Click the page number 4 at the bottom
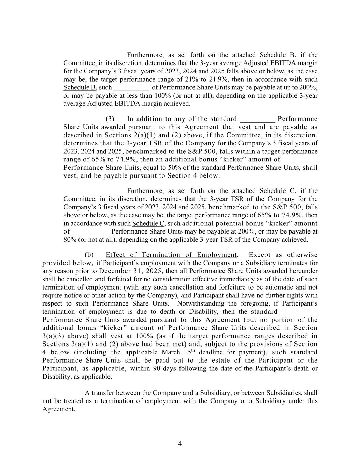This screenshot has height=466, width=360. tap(180, 444)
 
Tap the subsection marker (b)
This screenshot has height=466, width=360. tap(89, 255)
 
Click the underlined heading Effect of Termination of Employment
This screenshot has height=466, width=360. tap(171, 255)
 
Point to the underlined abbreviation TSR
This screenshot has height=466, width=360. tap(156, 143)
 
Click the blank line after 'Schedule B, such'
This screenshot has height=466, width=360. tap(131, 87)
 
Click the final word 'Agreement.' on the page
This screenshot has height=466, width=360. tap(59, 409)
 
